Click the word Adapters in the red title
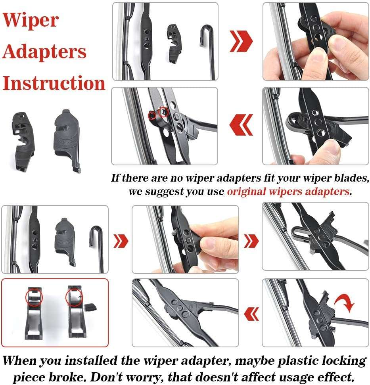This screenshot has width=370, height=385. click(x=44, y=52)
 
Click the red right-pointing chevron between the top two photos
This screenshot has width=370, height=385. click(x=241, y=41)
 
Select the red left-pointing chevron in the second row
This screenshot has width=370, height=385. click(x=241, y=125)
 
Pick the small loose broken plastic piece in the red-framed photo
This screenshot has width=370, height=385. click(x=90, y=307)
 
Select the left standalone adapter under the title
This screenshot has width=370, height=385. click(x=23, y=141)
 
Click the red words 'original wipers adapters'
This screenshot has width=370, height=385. click(x=288, y=192)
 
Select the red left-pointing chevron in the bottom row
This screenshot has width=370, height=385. click(x=252, y=314)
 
